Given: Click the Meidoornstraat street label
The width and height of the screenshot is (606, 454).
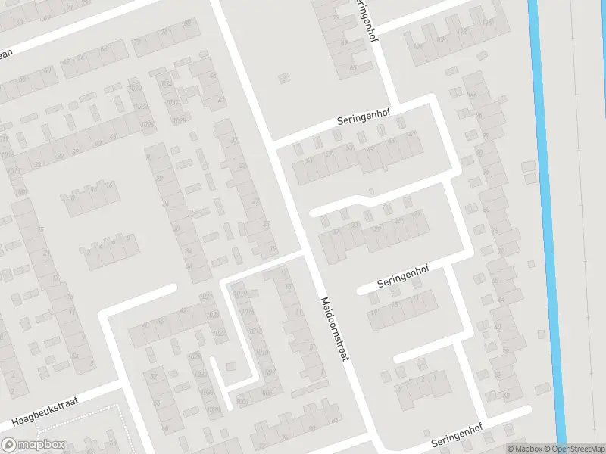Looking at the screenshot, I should pos(333,327).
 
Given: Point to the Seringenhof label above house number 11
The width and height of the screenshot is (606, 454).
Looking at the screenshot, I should pos(409,281).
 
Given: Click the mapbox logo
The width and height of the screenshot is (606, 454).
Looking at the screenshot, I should pos(33,446).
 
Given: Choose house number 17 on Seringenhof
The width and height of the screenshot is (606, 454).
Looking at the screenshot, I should pos(373,312).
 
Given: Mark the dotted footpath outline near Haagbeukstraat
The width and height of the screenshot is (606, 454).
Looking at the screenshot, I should pos(121,424).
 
